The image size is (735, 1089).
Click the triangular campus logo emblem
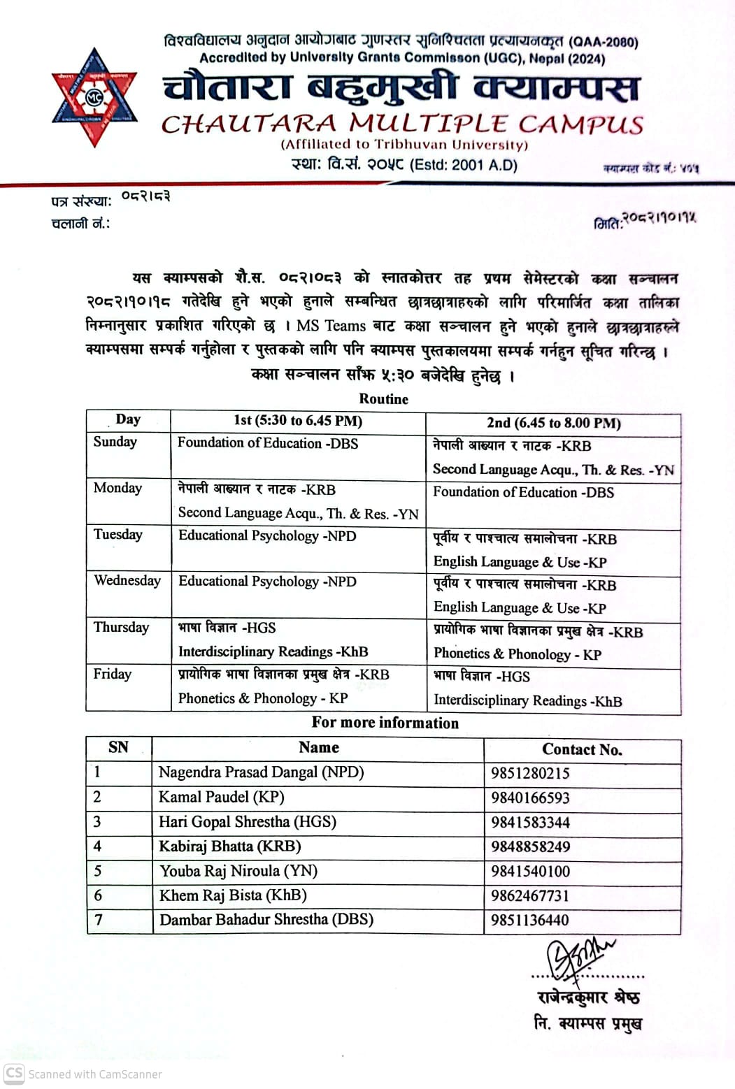(x=94, y=97)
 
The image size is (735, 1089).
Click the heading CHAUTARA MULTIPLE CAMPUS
(x=402, y=124)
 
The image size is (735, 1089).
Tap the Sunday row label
(x=115, y=442)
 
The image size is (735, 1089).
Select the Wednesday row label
(x=127, y=581)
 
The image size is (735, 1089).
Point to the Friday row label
(x=113, y=674)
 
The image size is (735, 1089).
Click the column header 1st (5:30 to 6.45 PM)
(x=298, y=421)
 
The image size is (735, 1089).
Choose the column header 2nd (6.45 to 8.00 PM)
(x=554, y=423)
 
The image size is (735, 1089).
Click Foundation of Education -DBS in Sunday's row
(x=268, y=443)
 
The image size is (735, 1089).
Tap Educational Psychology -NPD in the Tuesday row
(x=267, y=536)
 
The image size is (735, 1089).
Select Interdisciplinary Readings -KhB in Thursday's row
(x=273, y=651)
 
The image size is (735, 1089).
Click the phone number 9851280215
(x=530, y=773)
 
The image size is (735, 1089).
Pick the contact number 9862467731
(x=530, y=895)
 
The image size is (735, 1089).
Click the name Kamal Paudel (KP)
(x=221, y=797)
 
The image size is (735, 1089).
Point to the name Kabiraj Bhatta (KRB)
(x=230, y=846)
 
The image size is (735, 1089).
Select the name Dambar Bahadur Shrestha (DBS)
(x=266, y=919)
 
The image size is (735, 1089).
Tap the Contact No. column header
(x=582, y=749)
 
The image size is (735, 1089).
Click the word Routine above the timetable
(x=383, y=399)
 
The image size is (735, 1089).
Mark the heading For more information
(x=385, y=723)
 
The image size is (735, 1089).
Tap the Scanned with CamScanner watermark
(x=84, y=1074)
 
